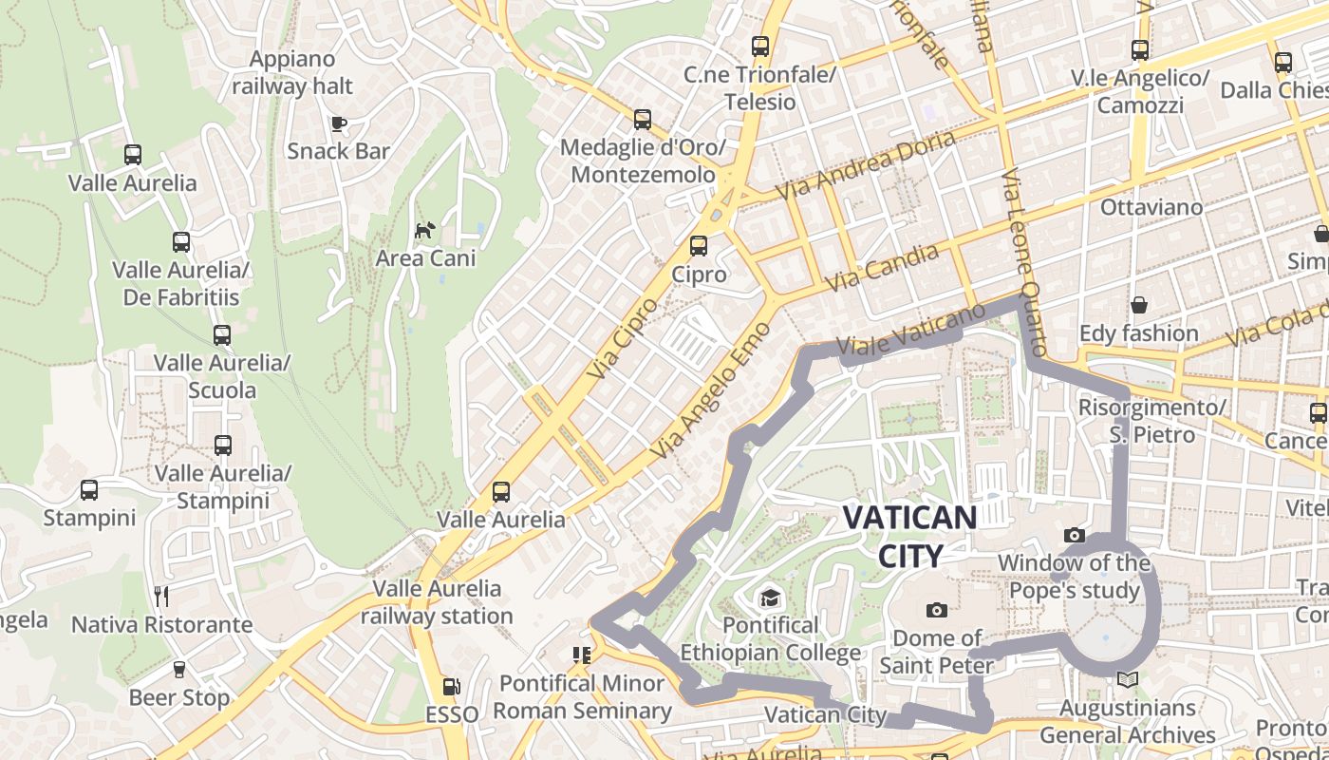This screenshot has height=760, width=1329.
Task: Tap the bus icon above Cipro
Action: pyautogui.click(x=699, y=246)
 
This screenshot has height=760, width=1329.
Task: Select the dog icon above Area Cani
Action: pyautogui.click(x=424, y=230)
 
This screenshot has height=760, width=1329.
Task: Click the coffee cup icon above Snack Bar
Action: pyautogui.click(x=338, y=123)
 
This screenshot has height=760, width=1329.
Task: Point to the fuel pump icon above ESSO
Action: pyautogui.click(x=452, y=686)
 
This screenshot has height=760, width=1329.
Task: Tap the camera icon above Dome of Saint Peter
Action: pyautogui.click(x=937, y=610)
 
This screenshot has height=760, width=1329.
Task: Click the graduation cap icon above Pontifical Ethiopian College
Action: pyautogui.click(x=769, y=598)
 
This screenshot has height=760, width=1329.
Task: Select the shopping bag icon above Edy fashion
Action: pyautogui.click(x=1138, y=305)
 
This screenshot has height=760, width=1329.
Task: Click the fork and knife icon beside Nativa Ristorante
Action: pyautogui.click(x=161, y=597)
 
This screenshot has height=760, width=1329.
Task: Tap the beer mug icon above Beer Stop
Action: pyautogui.click(x=178, y=670)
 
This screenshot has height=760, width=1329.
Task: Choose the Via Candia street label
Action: pyautogui.click(x=882, y=267)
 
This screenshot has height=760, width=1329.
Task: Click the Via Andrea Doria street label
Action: pyautogui.click(x=866, y=164)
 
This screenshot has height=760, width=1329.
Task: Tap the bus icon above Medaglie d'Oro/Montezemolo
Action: pyautogui.click(x=643, y=120)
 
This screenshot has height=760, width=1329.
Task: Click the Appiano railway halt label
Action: pyautogui.click(x=292, y=72)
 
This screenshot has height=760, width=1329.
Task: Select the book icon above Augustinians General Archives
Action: pyautogui.click(x=1127, y=680)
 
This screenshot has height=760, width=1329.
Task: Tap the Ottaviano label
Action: pyautogui.click(x=1151, y=207)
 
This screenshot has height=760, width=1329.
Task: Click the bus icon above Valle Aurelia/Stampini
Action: pyautogui.click(x=223, y=445)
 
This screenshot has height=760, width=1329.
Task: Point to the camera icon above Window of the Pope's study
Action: pyautogui.click(x=1075, y=536)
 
